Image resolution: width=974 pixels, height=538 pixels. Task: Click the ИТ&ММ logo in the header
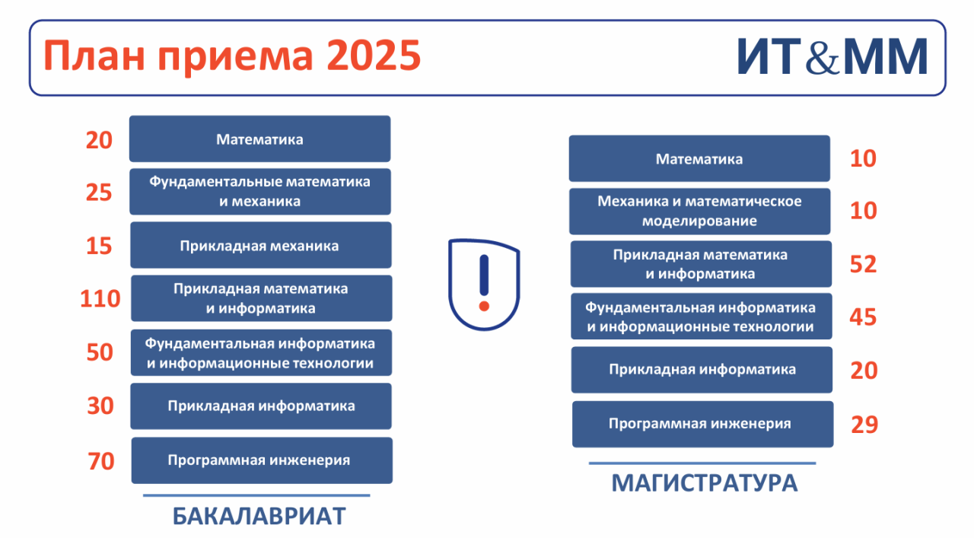pos(832,57)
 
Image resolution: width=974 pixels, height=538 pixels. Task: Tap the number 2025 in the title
pos(374,56)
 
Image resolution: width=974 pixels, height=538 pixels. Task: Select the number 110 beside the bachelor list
pos(100,299)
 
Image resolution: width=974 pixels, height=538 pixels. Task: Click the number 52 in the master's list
pos(863,264)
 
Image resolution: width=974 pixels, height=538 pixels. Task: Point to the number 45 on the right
pos(863,317)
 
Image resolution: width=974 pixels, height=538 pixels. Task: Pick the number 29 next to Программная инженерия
pos(864,425)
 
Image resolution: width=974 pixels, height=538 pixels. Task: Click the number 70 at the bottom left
pos(101,461)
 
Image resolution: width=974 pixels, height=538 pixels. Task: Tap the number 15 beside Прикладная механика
pos(99,246)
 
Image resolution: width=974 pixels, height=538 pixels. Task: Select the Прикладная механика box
pos(261,245)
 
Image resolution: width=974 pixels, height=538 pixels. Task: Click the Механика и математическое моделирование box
pos(699,212)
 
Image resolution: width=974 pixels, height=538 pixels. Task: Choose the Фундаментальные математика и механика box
pos(260,191)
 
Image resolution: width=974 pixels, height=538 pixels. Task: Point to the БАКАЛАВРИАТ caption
pos(259,516)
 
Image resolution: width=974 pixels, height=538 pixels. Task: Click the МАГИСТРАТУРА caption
pos(705,483)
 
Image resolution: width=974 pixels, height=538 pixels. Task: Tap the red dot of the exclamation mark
pos(484,306)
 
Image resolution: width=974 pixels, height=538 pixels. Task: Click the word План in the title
pos(94,56)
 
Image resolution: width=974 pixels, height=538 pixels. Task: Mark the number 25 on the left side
pos(99,193)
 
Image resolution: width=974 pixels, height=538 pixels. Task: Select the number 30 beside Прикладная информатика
pos(100,406)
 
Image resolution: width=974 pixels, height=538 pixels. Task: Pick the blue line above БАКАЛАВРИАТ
pos(256,495)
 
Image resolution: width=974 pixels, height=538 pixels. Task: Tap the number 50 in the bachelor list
pos(100,352)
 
